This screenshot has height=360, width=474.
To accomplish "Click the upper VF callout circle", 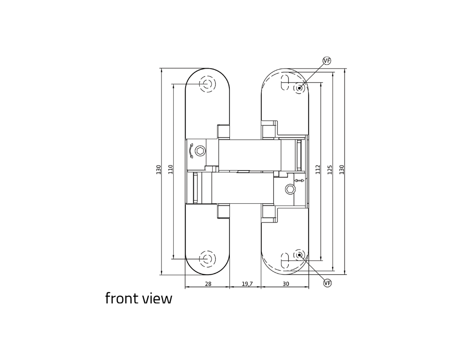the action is (x=327, y=61).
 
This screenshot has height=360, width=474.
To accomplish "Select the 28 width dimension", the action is (x=208, y=284).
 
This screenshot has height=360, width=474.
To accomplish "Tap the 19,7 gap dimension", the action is (x=247, y=284).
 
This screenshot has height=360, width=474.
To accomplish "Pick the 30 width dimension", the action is (x=286, y=284).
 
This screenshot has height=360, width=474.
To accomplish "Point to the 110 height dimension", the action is (x=170, y=169).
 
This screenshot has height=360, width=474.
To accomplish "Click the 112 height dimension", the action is (x=318, y=169).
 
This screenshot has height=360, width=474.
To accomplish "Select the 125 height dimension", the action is (x=330, y=169).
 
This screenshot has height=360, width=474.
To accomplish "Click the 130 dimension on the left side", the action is (x=158, y=169).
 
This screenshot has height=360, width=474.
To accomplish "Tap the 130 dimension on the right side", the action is (x=342, y=169).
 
